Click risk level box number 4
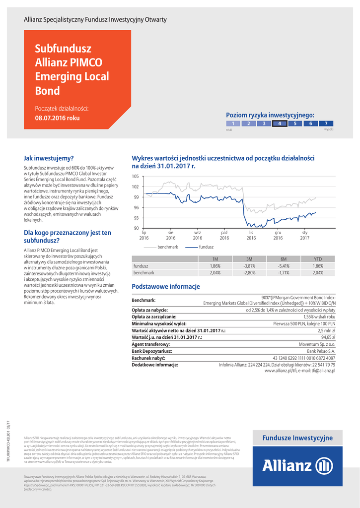point(280,124)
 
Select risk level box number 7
point(326,124)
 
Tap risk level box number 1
point(233,124)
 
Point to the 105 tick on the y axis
point(136,177)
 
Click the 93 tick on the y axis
point(136,218)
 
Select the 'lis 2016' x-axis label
point(251,235)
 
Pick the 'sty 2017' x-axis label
point(304,235)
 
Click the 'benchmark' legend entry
point(167,247)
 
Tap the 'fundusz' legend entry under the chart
point(206,247)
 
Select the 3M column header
point(249,259)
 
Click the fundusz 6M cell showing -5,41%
point(284,266)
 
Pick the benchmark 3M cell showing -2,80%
point(249,273)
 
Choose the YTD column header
point(318,259)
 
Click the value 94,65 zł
point(328,337)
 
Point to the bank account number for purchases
point(304,358)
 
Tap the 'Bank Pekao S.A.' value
point(321,351)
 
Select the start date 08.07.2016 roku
point(58,118)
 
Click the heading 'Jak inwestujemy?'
point(49,158)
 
